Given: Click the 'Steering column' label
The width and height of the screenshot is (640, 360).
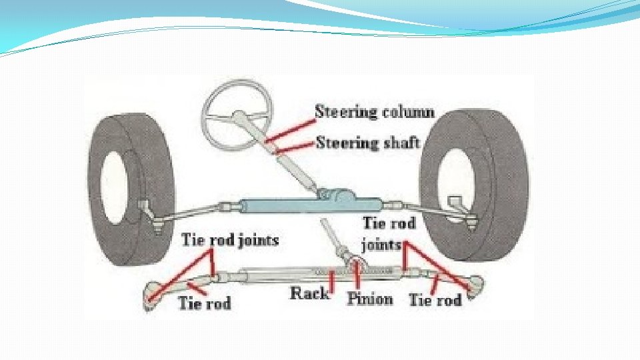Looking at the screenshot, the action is coord(374,111).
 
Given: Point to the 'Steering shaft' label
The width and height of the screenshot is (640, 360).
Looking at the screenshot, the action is coord(367,142).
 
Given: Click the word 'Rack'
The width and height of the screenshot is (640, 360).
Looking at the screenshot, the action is coord(309,293).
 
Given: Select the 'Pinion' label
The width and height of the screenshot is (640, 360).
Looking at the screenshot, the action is coord(369,298).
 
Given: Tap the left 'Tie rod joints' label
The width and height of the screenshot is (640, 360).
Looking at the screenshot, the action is coord(230,239).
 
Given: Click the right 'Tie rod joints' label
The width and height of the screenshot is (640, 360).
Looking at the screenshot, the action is coord(389,233).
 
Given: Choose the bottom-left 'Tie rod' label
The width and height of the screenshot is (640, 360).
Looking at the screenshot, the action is coord(204,303).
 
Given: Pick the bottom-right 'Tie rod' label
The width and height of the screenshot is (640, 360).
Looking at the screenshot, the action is coord(435,300).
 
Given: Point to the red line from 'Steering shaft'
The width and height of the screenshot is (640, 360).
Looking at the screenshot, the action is coord(297,148).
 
